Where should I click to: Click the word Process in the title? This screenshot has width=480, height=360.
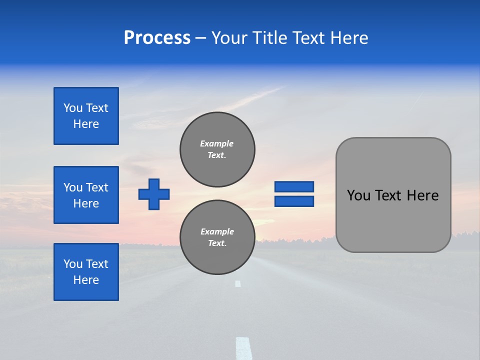pos(157,38)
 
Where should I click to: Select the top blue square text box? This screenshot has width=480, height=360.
pos(86,116)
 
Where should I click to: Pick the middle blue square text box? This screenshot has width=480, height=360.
pos(86,195)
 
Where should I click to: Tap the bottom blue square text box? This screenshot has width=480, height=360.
pos(86,272)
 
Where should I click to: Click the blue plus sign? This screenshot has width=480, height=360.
pos(154,194)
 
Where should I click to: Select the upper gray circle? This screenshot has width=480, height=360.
pos(217,149)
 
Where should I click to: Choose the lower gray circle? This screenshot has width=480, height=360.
pos(217,237)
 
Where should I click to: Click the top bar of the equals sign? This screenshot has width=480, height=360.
pos(294,186)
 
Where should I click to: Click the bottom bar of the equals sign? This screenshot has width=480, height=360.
pos(294,201)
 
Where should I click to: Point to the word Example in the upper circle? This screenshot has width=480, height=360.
pos(217,143)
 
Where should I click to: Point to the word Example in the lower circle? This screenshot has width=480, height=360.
pos(217,231)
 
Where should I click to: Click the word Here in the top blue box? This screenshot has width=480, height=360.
pos(86,124)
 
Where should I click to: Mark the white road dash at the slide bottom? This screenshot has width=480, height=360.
pos(243,348)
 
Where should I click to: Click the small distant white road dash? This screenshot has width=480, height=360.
pos(238,283)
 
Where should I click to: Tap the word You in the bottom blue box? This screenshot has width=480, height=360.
pos(73,264)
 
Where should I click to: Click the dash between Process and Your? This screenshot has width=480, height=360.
pos(200,38)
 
